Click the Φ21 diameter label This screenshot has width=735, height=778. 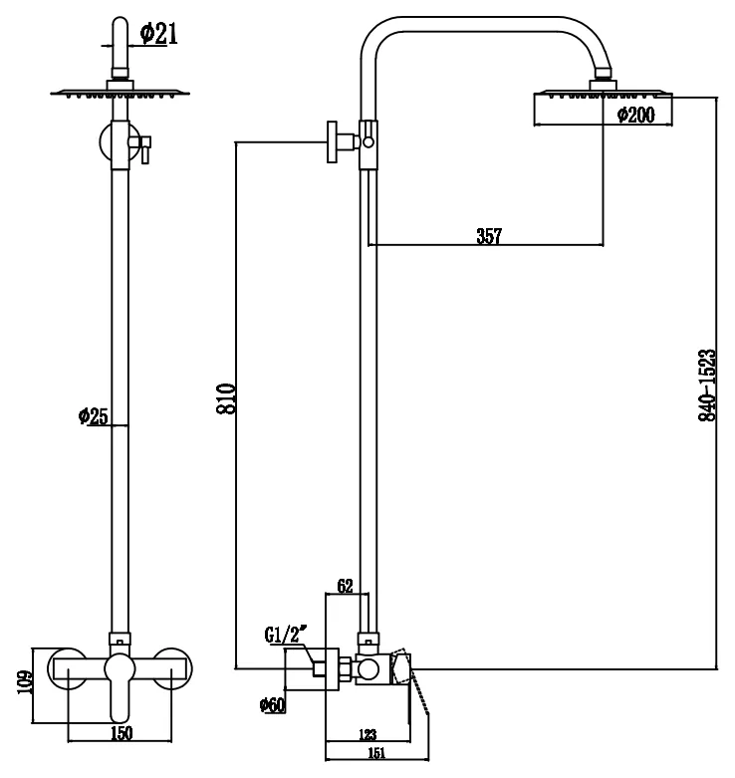(158, 34)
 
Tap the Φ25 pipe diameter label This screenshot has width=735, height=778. (93, 415)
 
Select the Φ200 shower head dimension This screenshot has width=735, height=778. (635, 116)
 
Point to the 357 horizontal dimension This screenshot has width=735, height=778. (489, 236)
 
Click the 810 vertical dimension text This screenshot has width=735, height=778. (226, 398)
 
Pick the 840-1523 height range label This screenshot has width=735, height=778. (707, 386)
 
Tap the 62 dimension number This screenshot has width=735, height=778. (346, 586)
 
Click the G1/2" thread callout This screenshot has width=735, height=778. (285, 635)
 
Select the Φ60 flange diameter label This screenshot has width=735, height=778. (273, 704)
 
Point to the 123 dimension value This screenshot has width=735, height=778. (367, 734)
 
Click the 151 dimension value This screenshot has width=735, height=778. (376, 753)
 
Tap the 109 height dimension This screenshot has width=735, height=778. (25, 682)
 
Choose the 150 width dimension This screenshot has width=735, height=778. (122, 733)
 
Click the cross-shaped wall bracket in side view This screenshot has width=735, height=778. (333, 141)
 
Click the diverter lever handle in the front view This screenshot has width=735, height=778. (144, 150)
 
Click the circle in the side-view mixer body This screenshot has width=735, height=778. (367, 669)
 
